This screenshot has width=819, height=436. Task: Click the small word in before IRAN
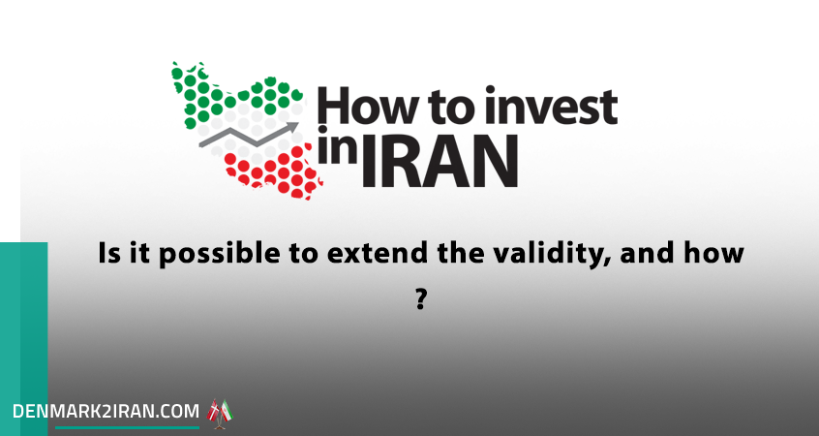[338, 146]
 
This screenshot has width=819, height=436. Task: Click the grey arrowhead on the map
[292, 127]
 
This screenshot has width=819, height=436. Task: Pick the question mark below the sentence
[421, 299]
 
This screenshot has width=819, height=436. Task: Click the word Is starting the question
[106, 254]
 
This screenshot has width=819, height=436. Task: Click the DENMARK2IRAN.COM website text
[106, 411]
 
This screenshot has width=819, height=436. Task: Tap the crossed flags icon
[220, 414]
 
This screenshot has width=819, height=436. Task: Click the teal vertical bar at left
[23, 339]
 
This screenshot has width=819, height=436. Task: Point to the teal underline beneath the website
[128, 427]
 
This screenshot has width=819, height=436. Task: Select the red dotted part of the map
[273, 172]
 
